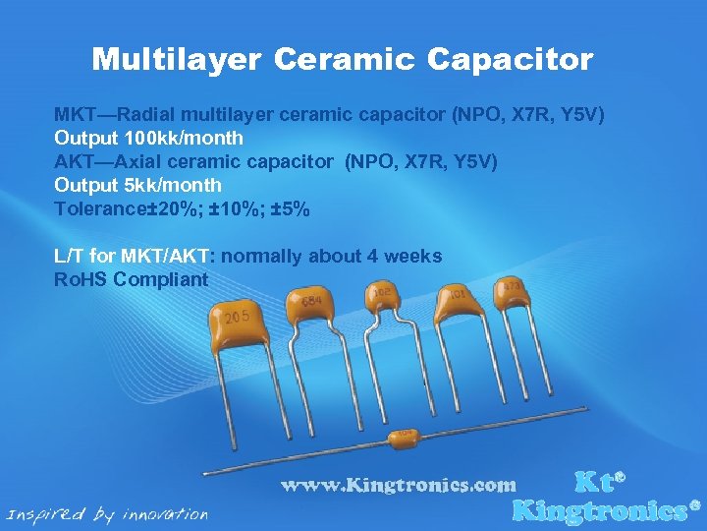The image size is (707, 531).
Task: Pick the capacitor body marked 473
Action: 511,288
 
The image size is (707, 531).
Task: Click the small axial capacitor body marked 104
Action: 405,438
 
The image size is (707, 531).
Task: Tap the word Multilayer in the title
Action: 177,60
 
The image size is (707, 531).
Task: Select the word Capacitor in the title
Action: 510,60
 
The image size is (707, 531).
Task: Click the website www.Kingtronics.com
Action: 398,485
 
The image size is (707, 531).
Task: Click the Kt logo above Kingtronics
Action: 598,482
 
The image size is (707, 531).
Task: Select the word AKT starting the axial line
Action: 74,161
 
